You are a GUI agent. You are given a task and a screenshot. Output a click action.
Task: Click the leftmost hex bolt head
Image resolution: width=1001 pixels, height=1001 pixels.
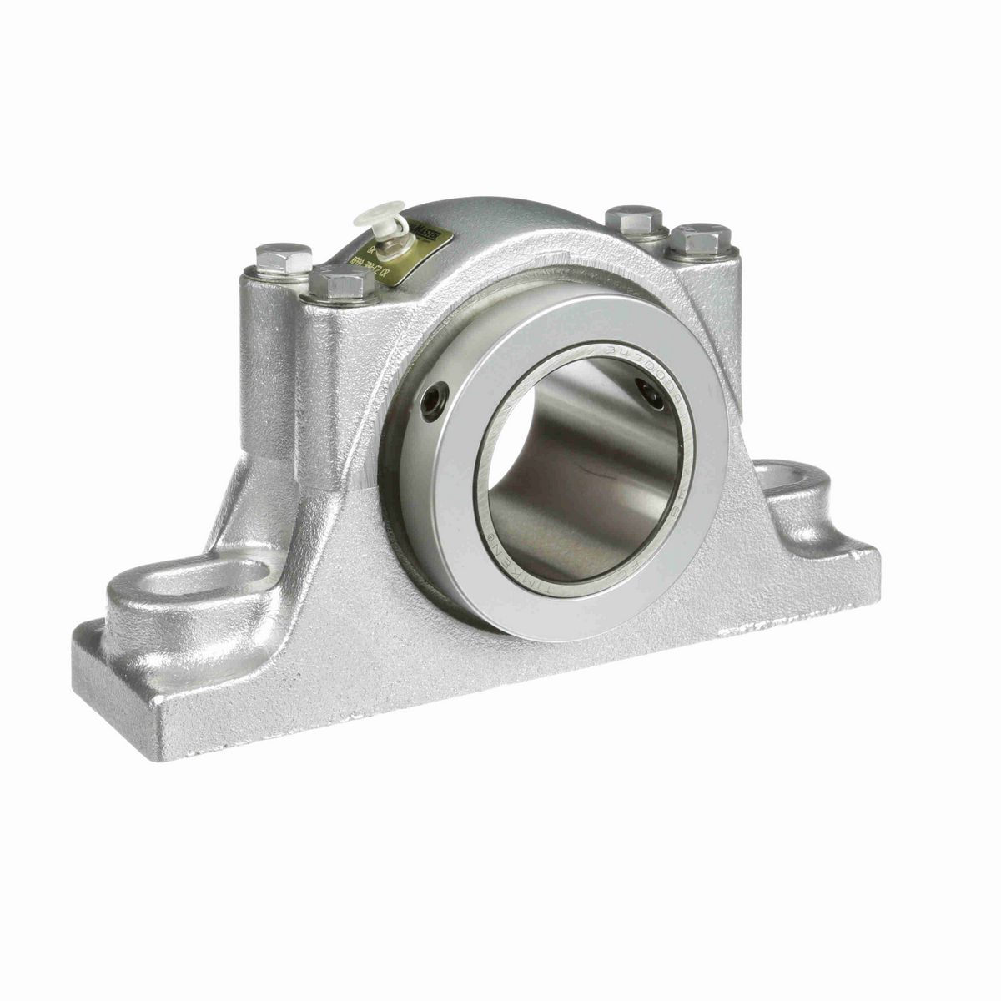[x=284, y=258]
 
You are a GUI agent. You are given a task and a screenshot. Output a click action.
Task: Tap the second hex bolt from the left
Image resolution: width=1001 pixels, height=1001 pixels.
[x=341, y=284]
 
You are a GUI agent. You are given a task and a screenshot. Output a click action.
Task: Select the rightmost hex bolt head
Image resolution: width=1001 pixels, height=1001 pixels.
[x=700, y=239]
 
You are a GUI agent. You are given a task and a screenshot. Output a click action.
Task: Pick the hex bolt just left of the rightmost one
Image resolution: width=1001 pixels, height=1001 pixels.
[x=634, y=219]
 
